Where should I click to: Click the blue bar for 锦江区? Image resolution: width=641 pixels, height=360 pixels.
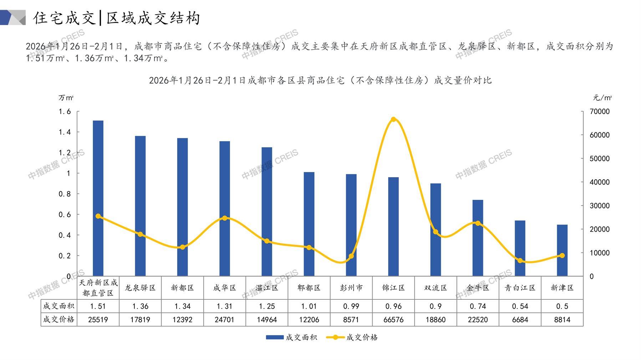pyautogui.click(x=393, y=227)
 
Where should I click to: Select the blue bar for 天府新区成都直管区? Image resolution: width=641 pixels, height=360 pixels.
pyautogui.click(x=98, y=198)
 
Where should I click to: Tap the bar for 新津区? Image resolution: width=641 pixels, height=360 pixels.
pyautogui.click(x=562, y=250)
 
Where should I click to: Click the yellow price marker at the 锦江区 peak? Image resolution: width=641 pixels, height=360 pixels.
pyautogui.click(x=393, y=119)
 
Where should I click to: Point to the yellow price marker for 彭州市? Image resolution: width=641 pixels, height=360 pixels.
pyautogui.click(x=351, y=256)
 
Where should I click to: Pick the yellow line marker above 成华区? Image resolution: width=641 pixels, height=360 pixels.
pyautogui.click(x=224, y=218)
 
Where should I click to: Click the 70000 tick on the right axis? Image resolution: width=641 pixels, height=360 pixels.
pyautogui.click(x=599, y=112)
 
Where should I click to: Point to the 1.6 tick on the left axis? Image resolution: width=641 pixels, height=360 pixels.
pyautogui.click(x=65, y=112)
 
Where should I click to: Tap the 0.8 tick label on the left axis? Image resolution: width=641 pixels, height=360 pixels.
pyautogui.click(x=65, y=194)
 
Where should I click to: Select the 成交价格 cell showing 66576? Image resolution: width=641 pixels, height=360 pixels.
pyautogui.click(x=393, y=320)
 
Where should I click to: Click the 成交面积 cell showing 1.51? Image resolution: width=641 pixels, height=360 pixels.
pyautogui.click(x=98, y=306)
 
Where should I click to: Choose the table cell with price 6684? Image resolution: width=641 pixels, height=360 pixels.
pyautogui.click(x=520, y=320)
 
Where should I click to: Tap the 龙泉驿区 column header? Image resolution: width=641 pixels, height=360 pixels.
pyautogui.click(x=140, y=288)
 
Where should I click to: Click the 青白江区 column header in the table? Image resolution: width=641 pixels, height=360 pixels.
pyautogui.click(x=520, y=288)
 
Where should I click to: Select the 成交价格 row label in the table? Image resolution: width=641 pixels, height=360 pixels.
pyautogui.click(x=58, y=320)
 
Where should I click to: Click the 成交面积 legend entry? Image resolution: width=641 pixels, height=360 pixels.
pyautogui.click(x=291, y=337)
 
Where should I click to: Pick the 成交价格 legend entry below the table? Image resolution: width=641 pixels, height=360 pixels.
pyautogui.click(x=352, y=337)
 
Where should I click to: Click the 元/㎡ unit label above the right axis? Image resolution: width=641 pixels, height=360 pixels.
pyautogui.click(x=602, y=98)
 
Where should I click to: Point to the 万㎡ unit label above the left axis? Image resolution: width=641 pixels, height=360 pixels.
pyautogui.click(x=66, y=98)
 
